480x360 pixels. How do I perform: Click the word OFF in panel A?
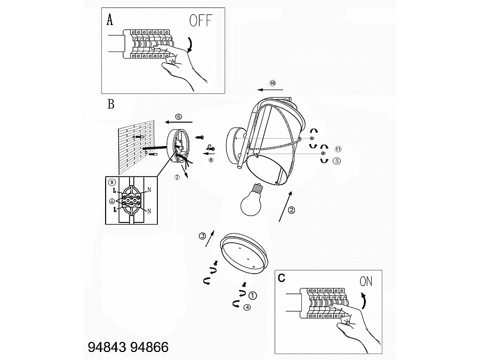pyautogui.click(x=200, y=21)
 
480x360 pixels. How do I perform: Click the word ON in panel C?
pyautogui.click(x=367, y=281)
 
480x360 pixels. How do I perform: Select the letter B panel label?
pyautogui.click(x=111, y=104)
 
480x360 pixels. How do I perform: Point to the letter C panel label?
pyautogui.click(x=282, y=278)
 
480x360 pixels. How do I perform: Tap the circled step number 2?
pyautogui.click(x=292, y=210)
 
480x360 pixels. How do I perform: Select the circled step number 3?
pyautogui.click(x=202, y=236)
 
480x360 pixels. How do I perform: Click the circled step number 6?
pyautogui.click(x=178, y=116)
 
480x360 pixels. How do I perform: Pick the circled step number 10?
pyautogui.click(x=273, y=83)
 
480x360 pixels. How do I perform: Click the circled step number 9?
pyautogui.click(x=112, y=182)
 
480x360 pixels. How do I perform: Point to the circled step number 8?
pyautogui.click(x=211, y=159)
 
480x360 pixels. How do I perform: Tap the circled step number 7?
pyautogui.click(x=177, y=178)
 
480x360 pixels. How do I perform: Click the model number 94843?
pyautogui.click(x=105, y=347)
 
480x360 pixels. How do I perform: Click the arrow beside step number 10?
pyautogui.click(x=268, y=91)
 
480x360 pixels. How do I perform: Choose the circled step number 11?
pyautogui.click(x=338, y=149)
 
